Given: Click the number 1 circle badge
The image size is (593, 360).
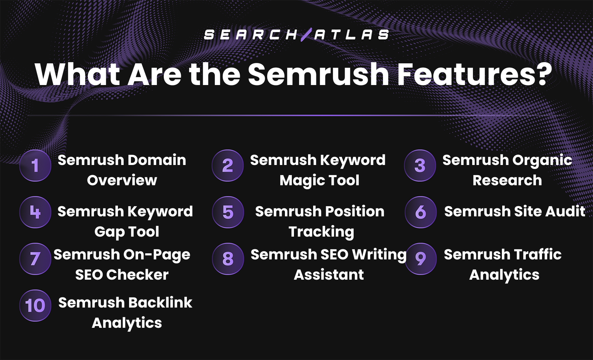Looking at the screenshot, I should tap(35, 165).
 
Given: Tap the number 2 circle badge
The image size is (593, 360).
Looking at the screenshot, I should tap(227, 165).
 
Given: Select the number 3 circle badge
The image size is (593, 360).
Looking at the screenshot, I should tap(420, 165).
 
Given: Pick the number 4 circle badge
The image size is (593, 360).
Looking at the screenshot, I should tap(35, 212).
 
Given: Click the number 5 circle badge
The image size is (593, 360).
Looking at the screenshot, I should tap(228, 212).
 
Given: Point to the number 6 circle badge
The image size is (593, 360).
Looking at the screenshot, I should tap(421, 212).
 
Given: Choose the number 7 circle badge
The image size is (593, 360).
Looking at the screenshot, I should tap(35, 259).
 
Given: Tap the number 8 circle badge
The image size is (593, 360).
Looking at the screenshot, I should tap(228, 259).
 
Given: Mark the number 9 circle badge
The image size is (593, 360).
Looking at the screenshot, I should tap(421, 259).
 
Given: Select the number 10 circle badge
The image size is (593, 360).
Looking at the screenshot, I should tap(35, 305).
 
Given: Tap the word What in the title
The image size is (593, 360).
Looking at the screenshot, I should tap(77, 74).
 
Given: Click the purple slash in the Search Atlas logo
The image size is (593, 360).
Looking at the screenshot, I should tap(306, 34).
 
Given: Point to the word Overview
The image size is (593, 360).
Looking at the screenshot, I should tap(122, 180).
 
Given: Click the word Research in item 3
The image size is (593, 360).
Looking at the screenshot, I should tap(507, 180).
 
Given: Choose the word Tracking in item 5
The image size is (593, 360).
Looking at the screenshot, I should tap(321, 232).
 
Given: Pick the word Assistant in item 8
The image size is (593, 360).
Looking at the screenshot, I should tap(329, 275).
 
